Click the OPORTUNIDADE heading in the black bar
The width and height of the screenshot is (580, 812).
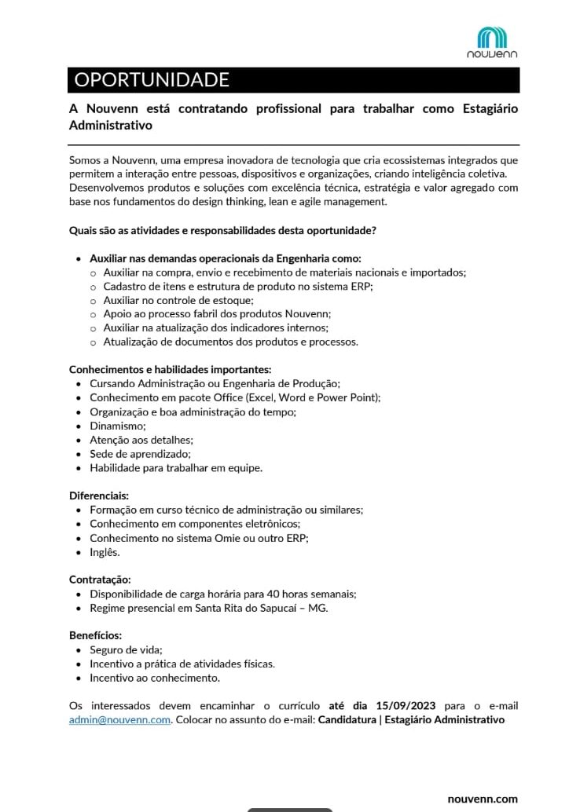tap(152, 80)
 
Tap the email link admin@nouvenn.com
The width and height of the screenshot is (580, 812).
tap(119, 720)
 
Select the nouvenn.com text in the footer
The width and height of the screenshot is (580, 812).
tap(483, 799)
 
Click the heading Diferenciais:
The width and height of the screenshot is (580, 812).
tap(99, 496)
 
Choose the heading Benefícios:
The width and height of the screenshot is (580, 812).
tap(96, 635)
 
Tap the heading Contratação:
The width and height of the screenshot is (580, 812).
tap(101, 580)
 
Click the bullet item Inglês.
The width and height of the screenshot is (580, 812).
tap(105, 552)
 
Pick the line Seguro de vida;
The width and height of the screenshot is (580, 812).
tap(126, 650)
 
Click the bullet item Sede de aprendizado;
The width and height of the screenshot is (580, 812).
tap(129, 454)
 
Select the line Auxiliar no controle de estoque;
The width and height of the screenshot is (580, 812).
tap(178, 300)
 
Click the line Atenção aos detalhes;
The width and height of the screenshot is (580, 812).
tap(141, 440)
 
